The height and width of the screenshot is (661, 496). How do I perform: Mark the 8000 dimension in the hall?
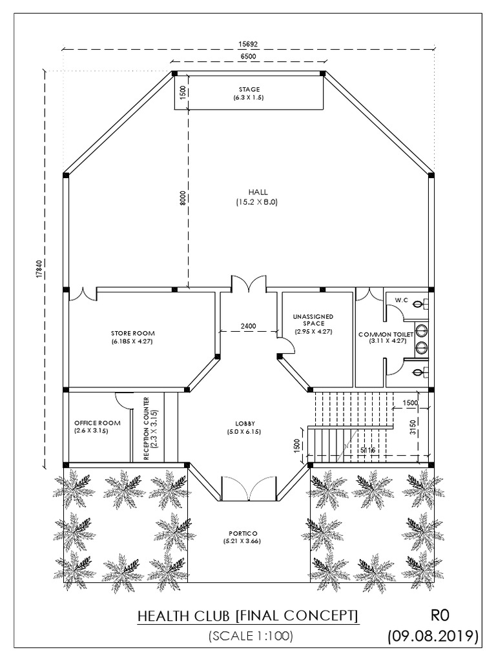coord(183,198)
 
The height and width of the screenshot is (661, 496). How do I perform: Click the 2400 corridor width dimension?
coord(249,326)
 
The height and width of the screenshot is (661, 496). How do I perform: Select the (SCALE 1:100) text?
coord(251,636)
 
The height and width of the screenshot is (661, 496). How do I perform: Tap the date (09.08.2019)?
coord(433,636)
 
